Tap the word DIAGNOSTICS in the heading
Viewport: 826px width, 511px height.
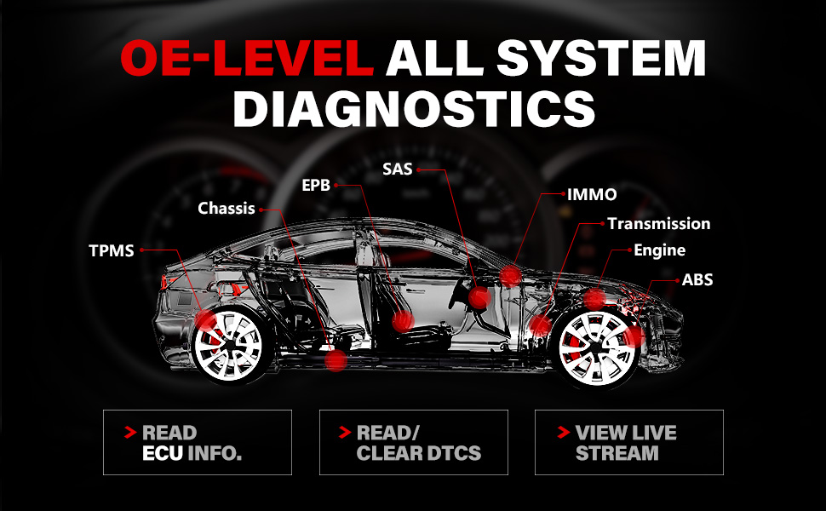[x=413, y=109]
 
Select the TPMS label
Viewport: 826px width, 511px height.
[x=112, y=250]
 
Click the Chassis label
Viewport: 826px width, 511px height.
[x=227, y=208]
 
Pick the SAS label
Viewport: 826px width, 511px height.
[x=397, y=169]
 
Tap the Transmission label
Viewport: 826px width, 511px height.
[x=658, y=224]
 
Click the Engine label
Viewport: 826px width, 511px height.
[x=659, y=250]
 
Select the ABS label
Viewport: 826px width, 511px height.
[x=697, y=279]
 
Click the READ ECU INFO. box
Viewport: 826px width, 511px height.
[x=197, y=442]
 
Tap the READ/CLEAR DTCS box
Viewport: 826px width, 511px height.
[x=413, y=442]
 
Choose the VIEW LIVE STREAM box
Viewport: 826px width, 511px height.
[x=628, y=442]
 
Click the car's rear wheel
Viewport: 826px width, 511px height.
[x=227, y=347]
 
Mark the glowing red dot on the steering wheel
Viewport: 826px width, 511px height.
[x=479, y=297]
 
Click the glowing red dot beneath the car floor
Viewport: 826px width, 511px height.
[x=336, y=360]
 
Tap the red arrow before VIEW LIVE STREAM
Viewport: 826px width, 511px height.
[x=563, y=433]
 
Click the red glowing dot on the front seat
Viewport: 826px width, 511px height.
[x=402, y=321]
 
